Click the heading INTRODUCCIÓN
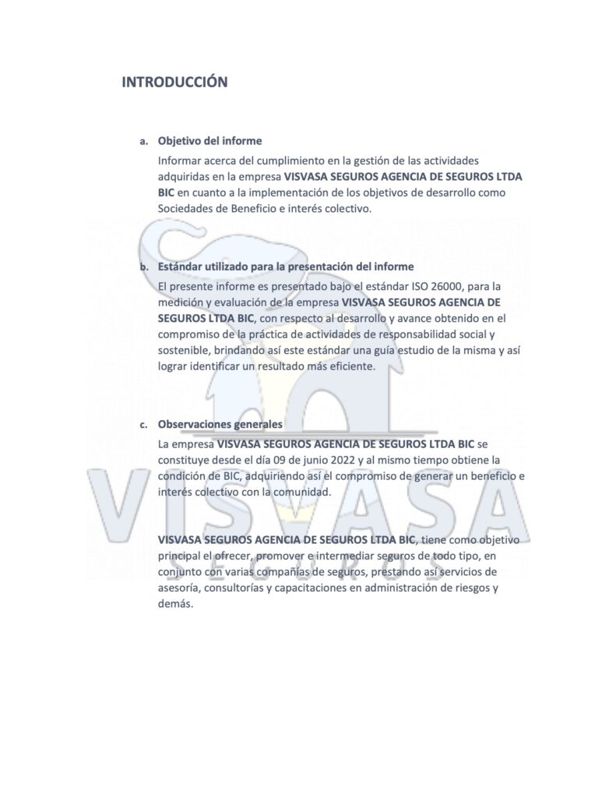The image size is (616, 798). [174, 83]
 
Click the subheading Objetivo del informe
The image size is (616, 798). [209, 142]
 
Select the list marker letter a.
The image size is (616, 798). [143, 142]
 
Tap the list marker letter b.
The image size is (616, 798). [143, 267]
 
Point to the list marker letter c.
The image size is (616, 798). [143, 425]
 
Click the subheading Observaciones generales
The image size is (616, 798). [220, 425]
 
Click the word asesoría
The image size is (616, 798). [179, 589]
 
